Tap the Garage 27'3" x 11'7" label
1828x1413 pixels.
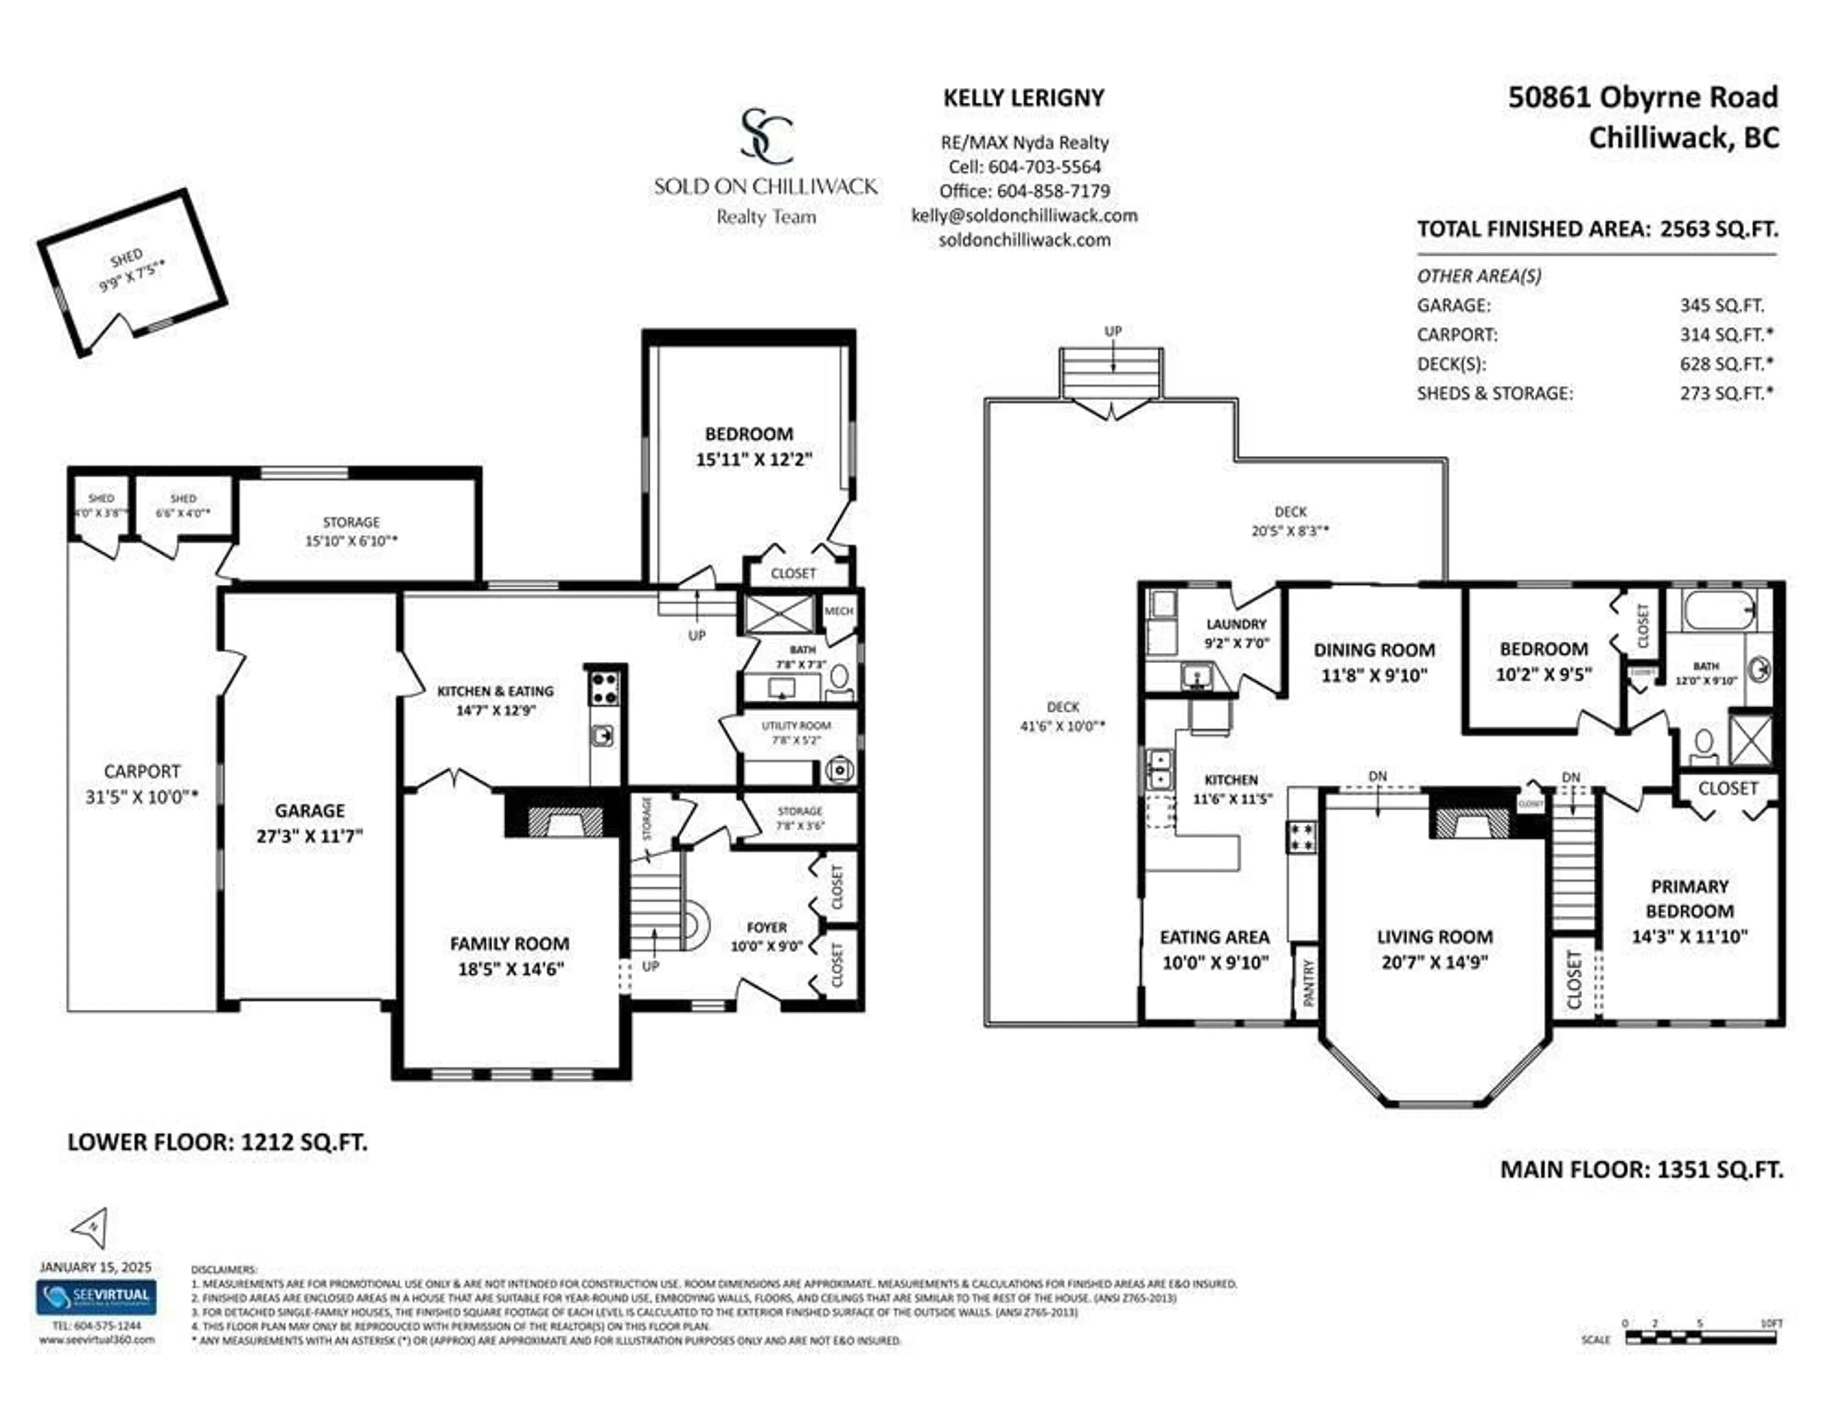point(310,823)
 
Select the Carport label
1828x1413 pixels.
point(141,771)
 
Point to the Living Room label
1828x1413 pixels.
point(1435,937)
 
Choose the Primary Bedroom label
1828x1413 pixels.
point(1689,899)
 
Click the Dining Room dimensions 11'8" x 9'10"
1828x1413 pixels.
point(1373,675)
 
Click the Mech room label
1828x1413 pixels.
point(839,611)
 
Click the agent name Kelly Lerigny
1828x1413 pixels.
point(1023,98)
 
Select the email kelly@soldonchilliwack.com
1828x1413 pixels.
point(1023,215)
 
